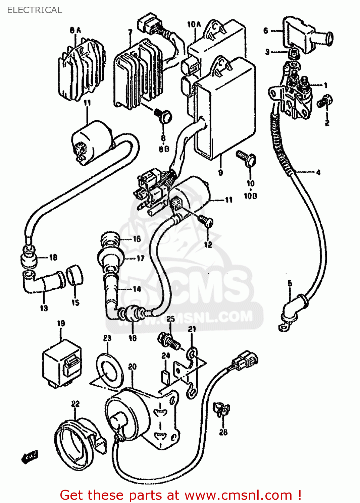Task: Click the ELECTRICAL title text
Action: click(35, 10)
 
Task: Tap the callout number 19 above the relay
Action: click(61, 324)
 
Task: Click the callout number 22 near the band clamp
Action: click(75, 404)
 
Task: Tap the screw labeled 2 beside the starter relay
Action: click(324, 101)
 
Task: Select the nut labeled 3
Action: click(294, 52)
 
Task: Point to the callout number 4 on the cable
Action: click(318, 172)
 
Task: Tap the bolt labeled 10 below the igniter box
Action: click(247, 157)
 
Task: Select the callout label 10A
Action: click(194, 24)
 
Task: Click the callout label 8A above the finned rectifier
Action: click(75, 30)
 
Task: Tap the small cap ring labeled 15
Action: click(75, 275)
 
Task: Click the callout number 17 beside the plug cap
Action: click(141, 258)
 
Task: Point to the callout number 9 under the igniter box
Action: click(220, 172)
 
